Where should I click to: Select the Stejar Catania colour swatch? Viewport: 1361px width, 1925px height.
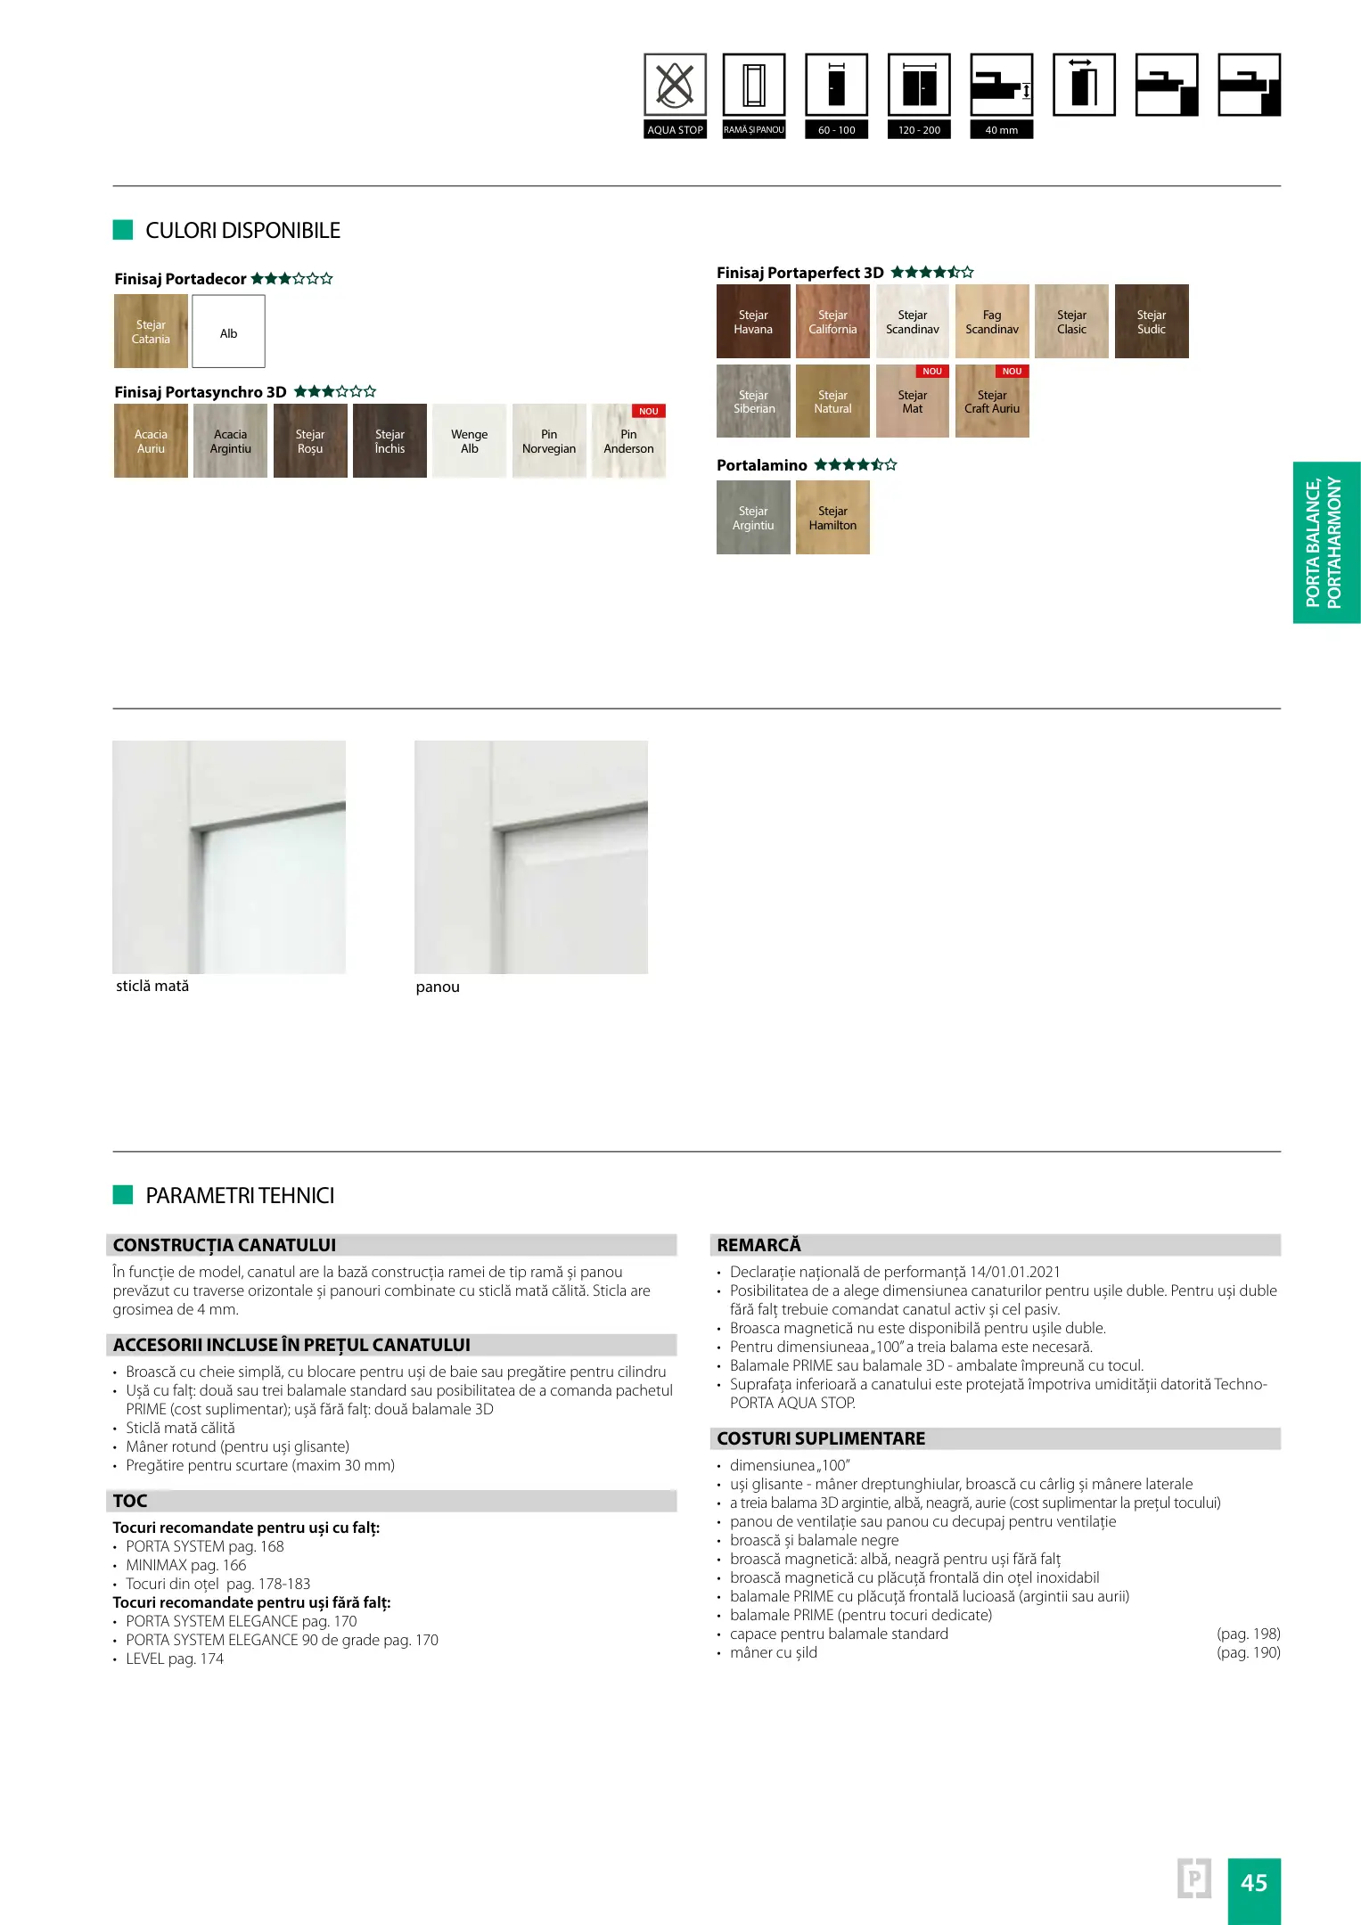[151, 332]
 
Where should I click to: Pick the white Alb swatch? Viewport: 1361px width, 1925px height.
[228, 332]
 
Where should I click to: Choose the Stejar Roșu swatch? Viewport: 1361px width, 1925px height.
[310, 441]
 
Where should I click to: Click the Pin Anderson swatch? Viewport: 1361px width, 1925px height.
[628, 441]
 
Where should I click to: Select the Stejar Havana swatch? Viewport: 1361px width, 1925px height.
[753, 322]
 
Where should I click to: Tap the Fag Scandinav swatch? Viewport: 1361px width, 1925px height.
[992, 322]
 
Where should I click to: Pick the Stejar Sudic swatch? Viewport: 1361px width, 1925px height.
[1152, 322]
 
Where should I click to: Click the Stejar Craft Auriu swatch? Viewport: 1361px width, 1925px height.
[992, 402]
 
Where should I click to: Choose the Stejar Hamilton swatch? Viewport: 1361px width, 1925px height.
[832, 518]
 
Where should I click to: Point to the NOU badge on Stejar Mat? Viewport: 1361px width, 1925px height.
[932, 372]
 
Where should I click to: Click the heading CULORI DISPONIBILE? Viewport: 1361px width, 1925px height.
[242, 231]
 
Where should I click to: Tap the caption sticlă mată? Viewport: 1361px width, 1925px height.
[152, 987]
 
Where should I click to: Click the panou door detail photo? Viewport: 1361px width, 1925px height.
[531, 857]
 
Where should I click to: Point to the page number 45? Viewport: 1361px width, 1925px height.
[1253, 1883]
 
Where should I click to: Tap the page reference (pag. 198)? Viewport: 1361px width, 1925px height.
[1248, 1634]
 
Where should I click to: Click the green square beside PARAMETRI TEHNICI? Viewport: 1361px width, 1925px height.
[123, 1195]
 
